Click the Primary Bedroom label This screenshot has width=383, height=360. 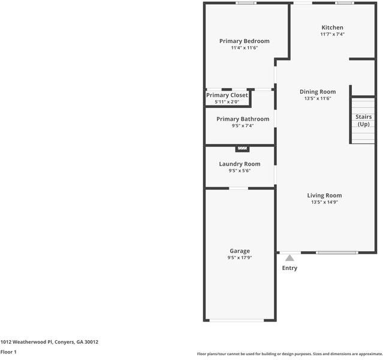pos(244,41)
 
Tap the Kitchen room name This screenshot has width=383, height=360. pos(332,28)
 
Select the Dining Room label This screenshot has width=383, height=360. pos(318,92)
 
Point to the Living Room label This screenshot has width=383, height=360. pos(324,196)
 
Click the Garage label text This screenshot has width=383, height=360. pos(240,251)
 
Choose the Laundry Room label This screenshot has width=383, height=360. pos(239,164)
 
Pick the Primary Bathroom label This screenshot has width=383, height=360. pos(243,119)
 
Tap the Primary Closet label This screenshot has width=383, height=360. pos(227,95)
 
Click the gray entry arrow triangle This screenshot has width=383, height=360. pos(289,257)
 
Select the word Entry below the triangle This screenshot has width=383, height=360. pos(289,268)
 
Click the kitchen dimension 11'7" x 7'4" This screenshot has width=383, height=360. pos(332,35)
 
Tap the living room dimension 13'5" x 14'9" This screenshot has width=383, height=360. pos(324,203)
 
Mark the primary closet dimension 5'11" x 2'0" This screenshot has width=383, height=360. pos(227,102)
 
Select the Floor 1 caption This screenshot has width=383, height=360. pos(8,352)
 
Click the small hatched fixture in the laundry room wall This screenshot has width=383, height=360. pos(242,148)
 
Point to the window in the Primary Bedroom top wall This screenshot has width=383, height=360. pos(245,4)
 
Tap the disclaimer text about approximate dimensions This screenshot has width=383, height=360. pos(289,353)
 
